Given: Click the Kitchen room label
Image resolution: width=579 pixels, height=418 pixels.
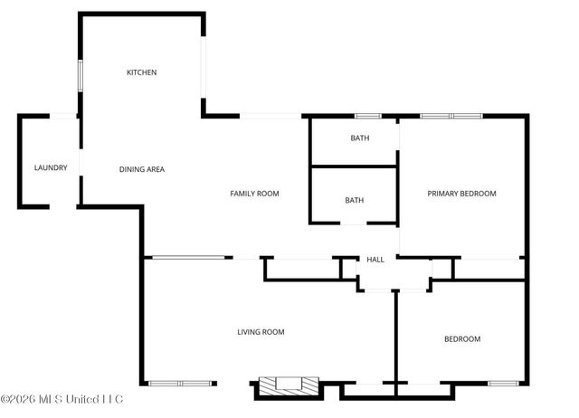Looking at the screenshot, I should [x=141, y=72].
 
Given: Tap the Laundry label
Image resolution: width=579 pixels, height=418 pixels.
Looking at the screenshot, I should [x=51, y=167].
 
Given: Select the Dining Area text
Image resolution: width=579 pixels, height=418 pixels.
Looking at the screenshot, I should [x=142, y=169].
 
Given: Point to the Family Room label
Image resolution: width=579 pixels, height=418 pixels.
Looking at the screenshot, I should [x=254, y=194].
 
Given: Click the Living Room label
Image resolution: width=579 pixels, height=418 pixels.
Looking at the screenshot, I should [x=261, y=332].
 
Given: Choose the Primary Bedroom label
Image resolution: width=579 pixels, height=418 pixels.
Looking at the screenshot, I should [x=462, y=194].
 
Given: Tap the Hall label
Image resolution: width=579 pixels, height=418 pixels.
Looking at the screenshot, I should [x=375, y=260].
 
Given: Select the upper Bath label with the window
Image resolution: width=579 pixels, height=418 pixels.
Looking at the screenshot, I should [x=360, y=138].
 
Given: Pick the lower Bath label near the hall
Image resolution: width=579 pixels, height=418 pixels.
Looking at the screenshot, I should [x=354, y=200].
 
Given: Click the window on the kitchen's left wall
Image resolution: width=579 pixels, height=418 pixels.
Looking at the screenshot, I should [x=81, y=75].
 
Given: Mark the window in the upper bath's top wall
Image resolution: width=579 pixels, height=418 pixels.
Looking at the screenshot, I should [x=367, y=116].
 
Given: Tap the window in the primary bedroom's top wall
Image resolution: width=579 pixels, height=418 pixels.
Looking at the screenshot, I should [x=451, y=116].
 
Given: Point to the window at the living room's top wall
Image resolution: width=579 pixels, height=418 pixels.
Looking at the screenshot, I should [x=187, y=258].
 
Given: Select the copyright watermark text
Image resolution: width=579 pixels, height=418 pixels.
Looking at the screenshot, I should [x=62, y=399].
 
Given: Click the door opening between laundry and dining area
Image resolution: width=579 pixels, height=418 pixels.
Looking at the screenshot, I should [x=81, y=163].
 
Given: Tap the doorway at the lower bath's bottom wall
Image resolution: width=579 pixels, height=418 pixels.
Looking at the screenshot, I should [x=353, y=223].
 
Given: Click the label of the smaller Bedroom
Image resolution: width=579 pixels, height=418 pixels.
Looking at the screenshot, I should [x=461, y=339].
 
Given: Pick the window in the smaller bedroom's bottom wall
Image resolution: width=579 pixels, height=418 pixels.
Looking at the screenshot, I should [x=503, y=383].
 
